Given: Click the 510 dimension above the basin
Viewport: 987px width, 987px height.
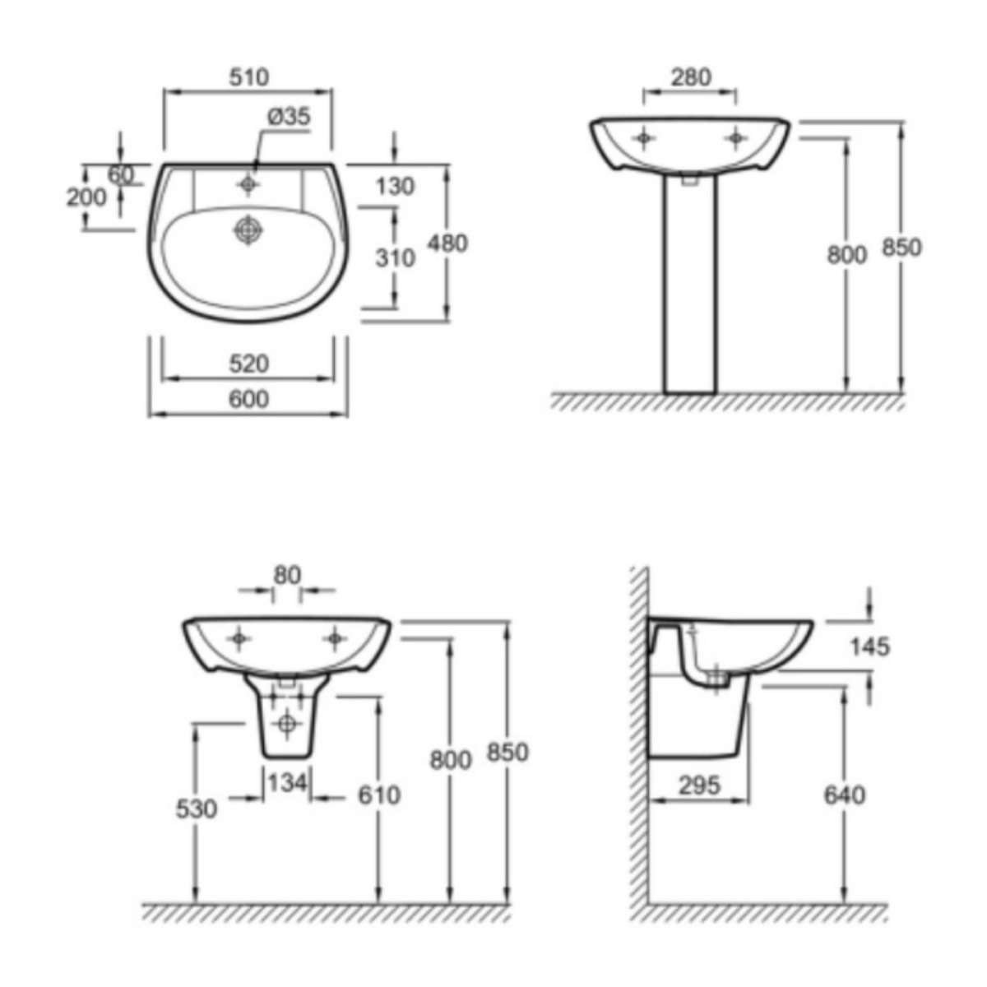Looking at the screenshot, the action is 249,77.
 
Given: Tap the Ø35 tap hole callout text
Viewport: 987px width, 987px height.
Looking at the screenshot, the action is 290,117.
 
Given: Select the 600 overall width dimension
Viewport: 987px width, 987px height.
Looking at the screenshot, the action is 249,399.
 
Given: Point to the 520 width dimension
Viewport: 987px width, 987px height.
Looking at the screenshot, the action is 249,364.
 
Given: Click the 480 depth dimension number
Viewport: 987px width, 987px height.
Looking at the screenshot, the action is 447,243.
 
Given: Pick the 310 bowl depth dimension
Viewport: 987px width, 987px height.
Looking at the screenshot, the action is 395,258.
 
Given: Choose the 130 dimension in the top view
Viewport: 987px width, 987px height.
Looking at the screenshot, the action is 395,187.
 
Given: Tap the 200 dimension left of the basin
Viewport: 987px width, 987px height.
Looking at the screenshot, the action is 86,197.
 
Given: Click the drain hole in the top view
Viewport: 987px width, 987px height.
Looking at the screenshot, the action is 248,230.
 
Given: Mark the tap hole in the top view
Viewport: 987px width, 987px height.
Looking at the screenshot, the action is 248,184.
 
